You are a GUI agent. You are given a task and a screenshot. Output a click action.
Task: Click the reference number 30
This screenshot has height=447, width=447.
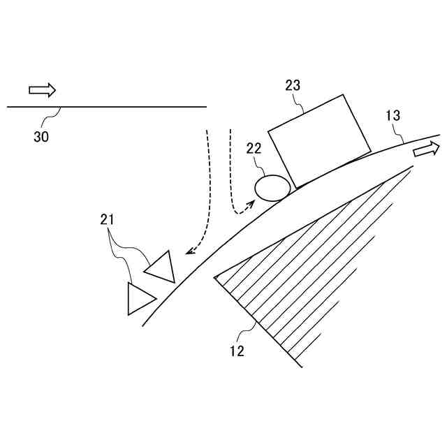coord(41,137)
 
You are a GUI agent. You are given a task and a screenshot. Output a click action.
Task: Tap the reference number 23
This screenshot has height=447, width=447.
coord(293,85)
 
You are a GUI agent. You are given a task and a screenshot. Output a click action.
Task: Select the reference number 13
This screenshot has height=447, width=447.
coord(393,116)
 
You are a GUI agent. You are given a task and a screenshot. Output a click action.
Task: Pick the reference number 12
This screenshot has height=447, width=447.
coord(237,351)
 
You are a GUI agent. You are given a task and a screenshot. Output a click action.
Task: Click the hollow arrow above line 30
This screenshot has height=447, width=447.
coord(42,90)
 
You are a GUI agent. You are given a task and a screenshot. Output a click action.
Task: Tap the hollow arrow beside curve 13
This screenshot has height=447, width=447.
coord(426,149)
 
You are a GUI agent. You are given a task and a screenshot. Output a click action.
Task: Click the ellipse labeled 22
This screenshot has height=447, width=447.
coord(272,187)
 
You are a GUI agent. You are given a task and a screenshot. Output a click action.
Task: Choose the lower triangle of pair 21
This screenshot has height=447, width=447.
coord(140,298)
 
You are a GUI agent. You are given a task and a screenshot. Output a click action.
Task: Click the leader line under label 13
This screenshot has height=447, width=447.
coord(401,133)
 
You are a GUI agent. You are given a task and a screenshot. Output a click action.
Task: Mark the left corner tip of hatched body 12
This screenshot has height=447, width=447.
coord(214,275)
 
